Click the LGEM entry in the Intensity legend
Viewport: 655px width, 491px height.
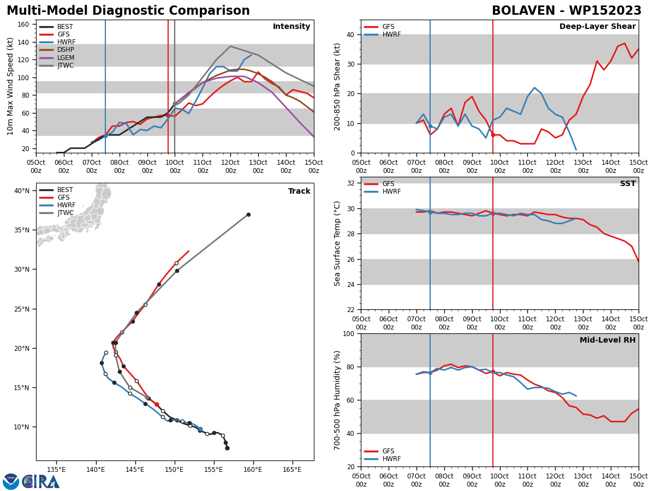(57, 57)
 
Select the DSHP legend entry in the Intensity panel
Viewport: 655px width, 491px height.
(57, 50)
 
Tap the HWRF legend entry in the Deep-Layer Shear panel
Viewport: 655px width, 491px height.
(383, 34)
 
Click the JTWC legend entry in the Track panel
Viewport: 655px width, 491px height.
(56, 213)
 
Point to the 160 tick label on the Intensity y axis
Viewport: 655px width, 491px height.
(23, 25)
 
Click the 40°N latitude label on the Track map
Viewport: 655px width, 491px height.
(22, 191)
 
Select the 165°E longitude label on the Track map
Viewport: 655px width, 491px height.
(292, 470)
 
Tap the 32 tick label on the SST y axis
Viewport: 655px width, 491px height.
(350, 183)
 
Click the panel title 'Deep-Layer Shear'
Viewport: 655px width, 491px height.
(597, 26)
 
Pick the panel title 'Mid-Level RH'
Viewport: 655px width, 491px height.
(608, 340)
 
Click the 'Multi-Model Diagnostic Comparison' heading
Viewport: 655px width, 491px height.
(128, 11)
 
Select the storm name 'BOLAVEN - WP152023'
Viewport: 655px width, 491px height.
(567, 11)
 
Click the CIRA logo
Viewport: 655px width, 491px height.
(40, 482)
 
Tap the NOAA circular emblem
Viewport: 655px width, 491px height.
(11, 482)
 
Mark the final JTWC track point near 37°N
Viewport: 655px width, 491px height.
(248, 214)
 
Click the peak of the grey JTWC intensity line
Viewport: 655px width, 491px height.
(230, 46)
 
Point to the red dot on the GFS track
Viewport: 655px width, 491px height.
(157, 405)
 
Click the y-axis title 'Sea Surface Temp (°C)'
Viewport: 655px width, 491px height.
(337, 244)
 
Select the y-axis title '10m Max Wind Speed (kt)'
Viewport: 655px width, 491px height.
(10, 86)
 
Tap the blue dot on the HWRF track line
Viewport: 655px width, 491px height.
(200, 429)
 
